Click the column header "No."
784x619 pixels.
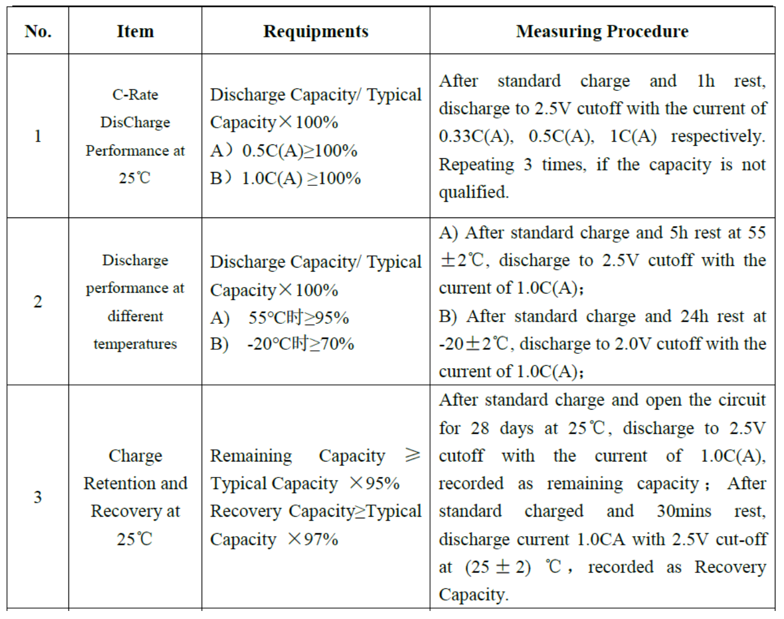click(x=38, y=31)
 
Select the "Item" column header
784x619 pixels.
click(x=135, y=31)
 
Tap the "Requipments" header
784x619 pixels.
click(x=315, y=31)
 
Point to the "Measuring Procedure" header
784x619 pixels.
click(x=602, y=31)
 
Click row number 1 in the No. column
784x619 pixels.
click(x=38, y=136)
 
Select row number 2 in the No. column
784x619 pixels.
click(x=38, y=301)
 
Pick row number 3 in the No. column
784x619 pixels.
click(x=38, y=497)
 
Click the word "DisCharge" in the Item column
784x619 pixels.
click(x=135, y=123)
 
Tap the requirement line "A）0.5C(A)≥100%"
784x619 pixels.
click(x=284, y=151)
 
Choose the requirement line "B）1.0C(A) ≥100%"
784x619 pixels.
click(x=286, y=178)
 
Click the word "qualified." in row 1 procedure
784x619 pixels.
click(x=474, y=192)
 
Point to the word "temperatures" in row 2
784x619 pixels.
click(x=135, y=344)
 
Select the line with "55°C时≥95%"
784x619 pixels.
click(x=298, y=318)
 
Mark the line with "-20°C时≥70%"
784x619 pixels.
click(x=300, y=344)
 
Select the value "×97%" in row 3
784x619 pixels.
click(x=313, y=539)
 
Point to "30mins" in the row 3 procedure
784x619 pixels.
click(x=684, y=511)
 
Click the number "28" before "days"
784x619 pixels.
click(x=479, y=428)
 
